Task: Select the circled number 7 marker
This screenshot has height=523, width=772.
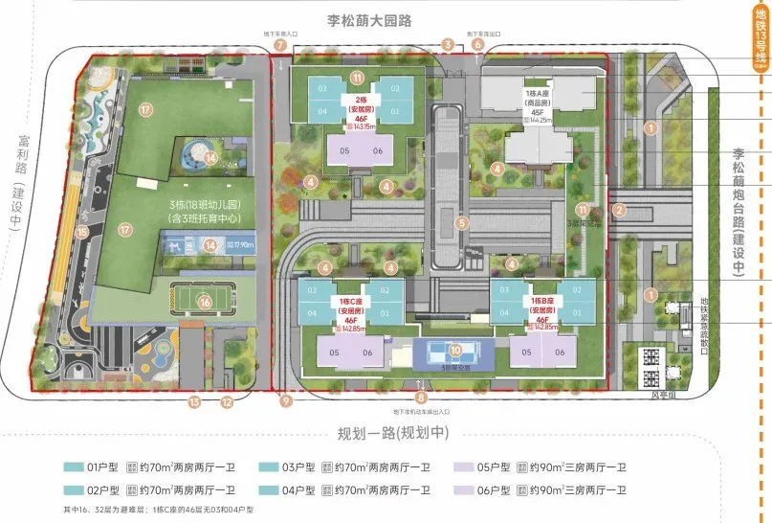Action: coord(279,45)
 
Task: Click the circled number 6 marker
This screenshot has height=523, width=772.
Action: coord(477,45)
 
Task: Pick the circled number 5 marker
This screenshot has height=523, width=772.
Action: coord(461,224)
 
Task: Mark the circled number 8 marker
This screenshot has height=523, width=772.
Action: coord(421,398)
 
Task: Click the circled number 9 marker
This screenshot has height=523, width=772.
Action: coord(285,402)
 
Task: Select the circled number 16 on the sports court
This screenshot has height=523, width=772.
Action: coord(204,302)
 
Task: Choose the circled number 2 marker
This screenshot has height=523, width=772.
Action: coord(619,211)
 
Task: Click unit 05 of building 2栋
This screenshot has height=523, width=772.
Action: coord(343,151)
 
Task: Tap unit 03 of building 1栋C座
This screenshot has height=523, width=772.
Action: coord(316,289)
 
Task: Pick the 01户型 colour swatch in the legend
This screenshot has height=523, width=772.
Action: coord(74,468)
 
